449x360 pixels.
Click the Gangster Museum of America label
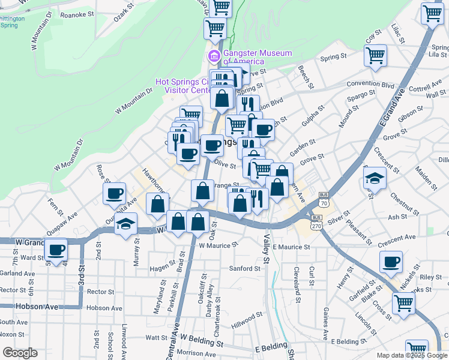point(258,57)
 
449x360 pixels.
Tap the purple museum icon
point(213,57)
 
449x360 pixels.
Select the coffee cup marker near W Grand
point(57,250)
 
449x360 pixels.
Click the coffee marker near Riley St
point(391,262)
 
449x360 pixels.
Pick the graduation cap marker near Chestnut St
point(373,178)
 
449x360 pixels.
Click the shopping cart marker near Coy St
point(375,56)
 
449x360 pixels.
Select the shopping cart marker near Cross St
point(403,304)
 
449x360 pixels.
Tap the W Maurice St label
point(218,245)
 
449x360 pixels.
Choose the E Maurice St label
point(291,247)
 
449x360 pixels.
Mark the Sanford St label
point(244,268)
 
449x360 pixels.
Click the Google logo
point(20,353)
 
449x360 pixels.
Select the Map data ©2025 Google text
point(412,355)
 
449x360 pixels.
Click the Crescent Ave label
point(397,237)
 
